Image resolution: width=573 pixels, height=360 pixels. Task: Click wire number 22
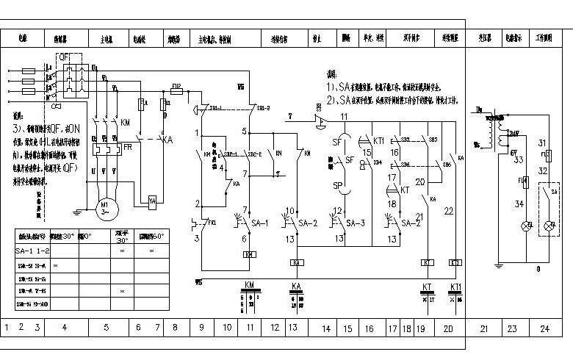(449, 211)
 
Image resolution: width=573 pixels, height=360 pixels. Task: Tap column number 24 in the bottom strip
(544, 328)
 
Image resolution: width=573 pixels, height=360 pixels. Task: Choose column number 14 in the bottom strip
(325, 328)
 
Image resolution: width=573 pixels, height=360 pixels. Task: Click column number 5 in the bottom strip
(106, 328)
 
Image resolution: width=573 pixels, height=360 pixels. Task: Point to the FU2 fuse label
(176, 87)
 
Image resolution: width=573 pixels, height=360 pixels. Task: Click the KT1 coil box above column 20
(455, 262)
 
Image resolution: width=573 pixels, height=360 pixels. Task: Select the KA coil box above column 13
(298, 262)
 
